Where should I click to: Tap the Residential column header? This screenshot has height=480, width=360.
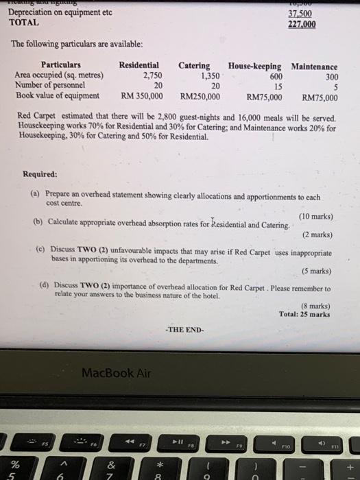click(139, 66)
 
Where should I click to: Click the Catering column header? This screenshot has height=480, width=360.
click(194, 66)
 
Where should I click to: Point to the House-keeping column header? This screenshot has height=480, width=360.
click(254, 66)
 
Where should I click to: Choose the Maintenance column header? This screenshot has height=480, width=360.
click(314, 67)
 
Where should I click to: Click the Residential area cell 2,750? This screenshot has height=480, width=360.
click(152, 76)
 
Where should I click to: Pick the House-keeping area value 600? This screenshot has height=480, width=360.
click(274, 76)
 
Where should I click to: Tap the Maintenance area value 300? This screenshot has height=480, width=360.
click(331, 77)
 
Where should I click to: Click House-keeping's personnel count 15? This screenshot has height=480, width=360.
click(277, 86)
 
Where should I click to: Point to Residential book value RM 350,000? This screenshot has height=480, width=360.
click(141, 96)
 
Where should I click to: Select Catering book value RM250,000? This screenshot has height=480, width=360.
click(200, 96)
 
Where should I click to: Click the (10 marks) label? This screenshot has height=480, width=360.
click(316, 217)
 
